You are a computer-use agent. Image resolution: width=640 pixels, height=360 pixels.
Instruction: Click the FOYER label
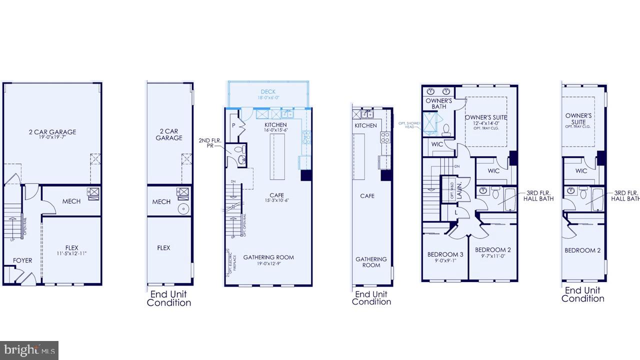coord(22,260)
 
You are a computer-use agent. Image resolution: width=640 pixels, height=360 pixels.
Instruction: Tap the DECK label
coord(268,92)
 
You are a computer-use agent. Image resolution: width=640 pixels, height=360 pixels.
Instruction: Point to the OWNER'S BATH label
coord(439,103)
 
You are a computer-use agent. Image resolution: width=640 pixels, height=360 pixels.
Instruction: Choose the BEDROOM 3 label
coord(445,254)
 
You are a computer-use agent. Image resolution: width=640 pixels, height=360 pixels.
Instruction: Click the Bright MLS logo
coord(29,350)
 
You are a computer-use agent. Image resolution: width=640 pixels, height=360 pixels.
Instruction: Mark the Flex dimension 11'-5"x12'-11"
coord(72,253)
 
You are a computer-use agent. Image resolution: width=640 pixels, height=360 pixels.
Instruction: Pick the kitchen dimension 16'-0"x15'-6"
coord(276,130)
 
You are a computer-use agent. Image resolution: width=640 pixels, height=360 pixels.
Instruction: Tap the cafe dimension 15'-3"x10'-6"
coord(276,200)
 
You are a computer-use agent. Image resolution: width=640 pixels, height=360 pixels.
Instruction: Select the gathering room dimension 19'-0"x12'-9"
coord(268,263)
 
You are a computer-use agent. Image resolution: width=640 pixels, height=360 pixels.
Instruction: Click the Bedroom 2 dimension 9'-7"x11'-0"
coord(492,255)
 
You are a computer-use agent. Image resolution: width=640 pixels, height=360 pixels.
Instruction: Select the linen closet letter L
coord(456,212)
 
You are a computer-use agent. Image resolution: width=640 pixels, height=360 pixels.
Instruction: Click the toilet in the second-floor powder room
coord(239,148)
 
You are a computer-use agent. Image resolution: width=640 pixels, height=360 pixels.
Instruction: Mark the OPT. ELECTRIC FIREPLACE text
coord(229,262)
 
